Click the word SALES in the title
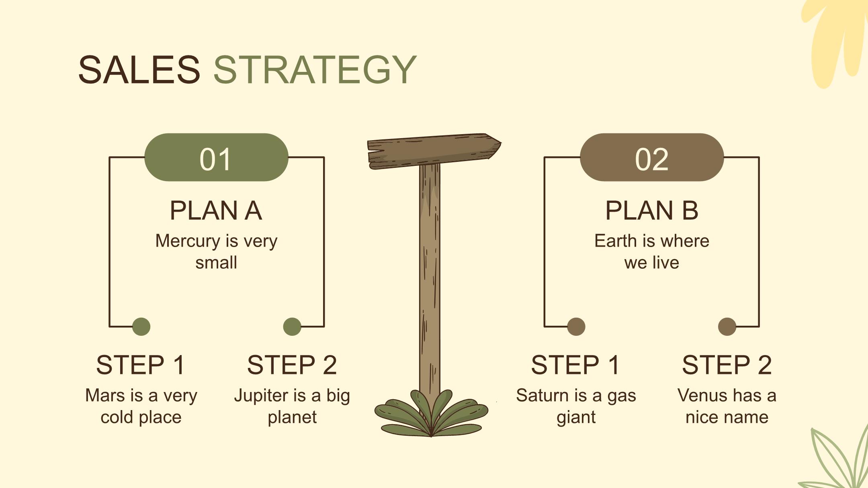139,70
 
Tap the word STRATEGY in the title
315,70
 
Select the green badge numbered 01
216,157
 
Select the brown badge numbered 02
652,157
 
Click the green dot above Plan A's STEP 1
141,327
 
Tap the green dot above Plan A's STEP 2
292,327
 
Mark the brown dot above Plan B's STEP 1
576,327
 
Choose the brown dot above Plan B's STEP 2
727,327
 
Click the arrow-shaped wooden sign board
434,151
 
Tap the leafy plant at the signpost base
431,414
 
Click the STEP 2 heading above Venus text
727,365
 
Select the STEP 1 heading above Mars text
141,365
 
